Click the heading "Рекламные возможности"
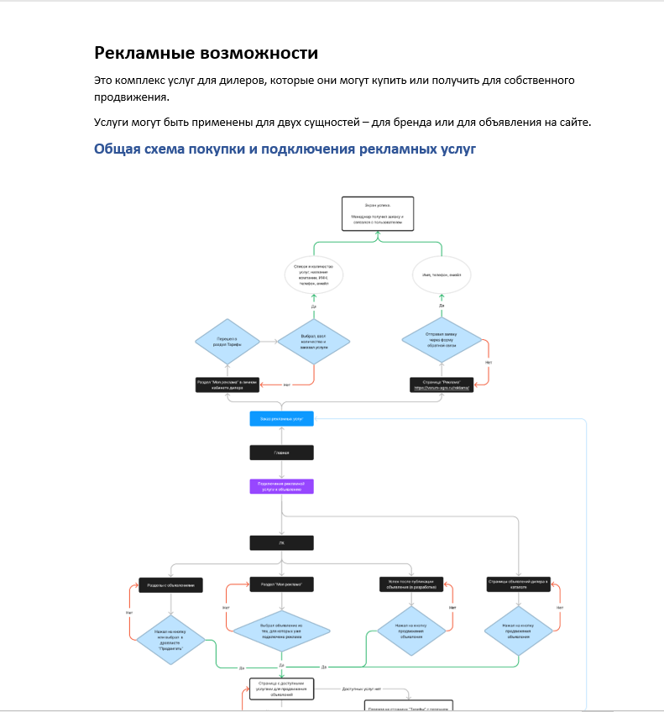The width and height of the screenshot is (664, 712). click(206, 53)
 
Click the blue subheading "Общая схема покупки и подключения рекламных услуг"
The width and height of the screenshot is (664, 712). click(285, 149)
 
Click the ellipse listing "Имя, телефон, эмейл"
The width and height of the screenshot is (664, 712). click(442, 275)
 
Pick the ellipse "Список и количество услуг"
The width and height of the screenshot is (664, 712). click(312, 275)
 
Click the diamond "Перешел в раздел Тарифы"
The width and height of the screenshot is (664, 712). click(227, 340)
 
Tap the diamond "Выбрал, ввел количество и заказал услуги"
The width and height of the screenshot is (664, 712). click(313, 340)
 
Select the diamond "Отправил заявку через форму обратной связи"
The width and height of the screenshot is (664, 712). click(442, 340)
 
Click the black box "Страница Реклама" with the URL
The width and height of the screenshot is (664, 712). click(442, 385)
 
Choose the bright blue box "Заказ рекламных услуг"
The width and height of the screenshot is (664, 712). click(281, 418)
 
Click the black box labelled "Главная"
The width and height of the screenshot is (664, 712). click(281, 453)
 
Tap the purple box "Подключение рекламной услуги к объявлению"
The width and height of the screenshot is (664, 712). click(281, 487)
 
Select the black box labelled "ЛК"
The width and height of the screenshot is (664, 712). click(281, 542)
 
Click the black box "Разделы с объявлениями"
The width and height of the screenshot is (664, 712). click(171, 585)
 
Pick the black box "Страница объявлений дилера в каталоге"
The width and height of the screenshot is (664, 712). click(518, 584)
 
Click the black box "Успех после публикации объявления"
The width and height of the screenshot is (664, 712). click(410, 584)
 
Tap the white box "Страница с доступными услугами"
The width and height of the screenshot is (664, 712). click(281, 689)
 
